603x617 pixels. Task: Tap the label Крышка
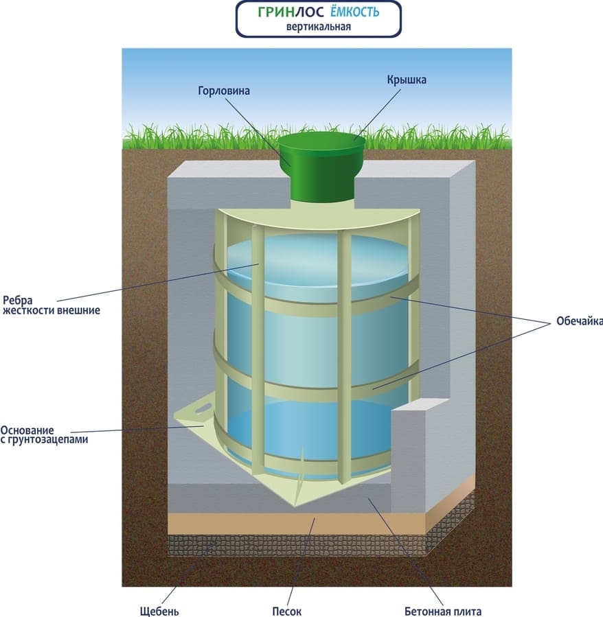click(x=406, y=80)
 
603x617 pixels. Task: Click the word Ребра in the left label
click(x=17, y=299)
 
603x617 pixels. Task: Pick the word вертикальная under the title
click(x=319, y=27)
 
